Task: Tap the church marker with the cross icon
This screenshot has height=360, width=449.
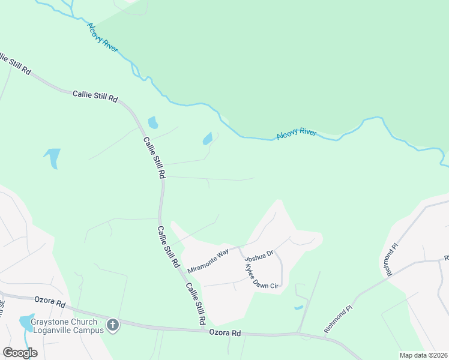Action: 112,326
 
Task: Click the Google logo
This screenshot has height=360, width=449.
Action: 20,352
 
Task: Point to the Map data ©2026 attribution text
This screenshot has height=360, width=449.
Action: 424,355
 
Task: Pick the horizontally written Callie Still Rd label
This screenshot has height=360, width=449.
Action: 95,96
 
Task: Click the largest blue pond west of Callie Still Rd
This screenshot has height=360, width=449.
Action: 53,157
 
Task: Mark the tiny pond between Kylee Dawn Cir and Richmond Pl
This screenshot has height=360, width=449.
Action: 298,308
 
